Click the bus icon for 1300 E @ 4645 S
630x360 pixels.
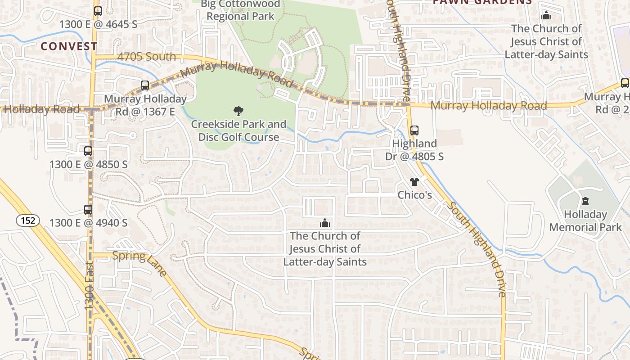click(98, 11)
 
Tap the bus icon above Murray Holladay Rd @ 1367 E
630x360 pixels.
click(144, 85)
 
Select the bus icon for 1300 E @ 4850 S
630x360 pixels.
click(88, 151)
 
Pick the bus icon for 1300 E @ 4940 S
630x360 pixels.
click(88, 210)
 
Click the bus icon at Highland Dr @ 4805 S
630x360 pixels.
click(414, 130)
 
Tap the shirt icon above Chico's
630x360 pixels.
click(414, 182)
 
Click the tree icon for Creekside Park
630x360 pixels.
click(238, 111)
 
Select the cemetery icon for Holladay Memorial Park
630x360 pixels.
click(585, 201)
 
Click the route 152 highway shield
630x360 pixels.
click(28, 220)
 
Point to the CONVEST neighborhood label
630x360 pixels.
click(69, 46)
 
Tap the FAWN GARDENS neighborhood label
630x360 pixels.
click(482, 2)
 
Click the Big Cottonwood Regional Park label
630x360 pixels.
click(240, 10)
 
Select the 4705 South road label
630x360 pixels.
click(147, 57)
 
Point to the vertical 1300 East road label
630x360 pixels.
click(89, 286)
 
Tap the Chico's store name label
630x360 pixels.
click(414, 195)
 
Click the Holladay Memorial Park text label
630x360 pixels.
click(585, 220)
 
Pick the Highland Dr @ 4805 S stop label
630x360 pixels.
click(414, 150)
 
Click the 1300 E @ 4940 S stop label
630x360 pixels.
click(88, 223)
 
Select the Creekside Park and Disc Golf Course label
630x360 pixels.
click(238, 130)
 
